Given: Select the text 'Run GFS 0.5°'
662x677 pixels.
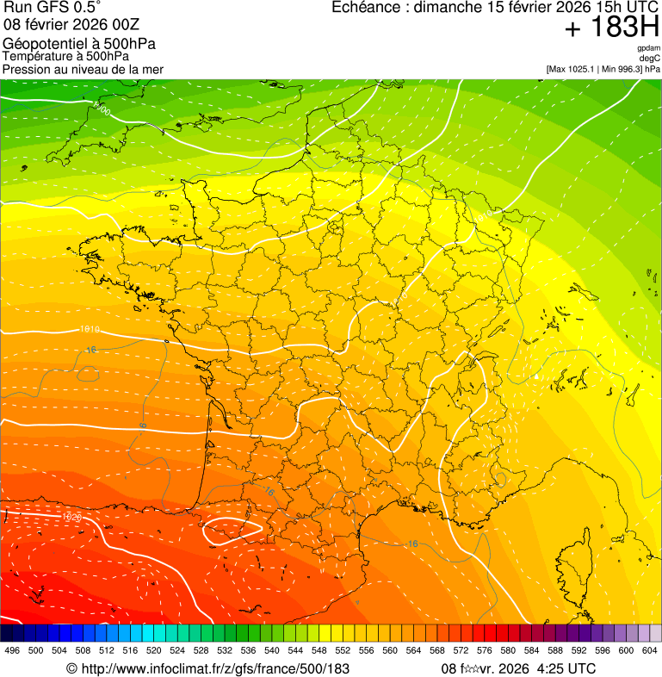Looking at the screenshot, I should point(52,9).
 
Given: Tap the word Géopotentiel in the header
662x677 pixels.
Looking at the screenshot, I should point(43,44).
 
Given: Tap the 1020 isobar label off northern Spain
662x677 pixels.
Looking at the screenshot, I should point(72,517).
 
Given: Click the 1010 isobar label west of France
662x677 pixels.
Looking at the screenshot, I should point(89,329).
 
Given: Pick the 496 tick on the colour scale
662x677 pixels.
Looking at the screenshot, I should point(12,650).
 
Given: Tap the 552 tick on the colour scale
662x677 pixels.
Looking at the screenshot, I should point(343,650).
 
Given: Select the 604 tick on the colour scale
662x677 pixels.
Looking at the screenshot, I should point(649,650).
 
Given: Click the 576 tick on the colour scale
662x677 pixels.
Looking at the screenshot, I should point(484,650).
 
